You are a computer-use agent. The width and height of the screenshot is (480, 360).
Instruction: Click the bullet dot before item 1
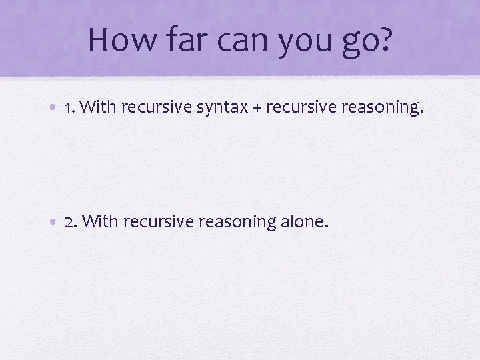pyautogui.click(x=55, y=107)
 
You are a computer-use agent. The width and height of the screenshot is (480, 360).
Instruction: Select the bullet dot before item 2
pyautogui.click(x=55, y=222)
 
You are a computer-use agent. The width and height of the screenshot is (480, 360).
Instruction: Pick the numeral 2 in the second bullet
pyautogui.click(x=70, y=221)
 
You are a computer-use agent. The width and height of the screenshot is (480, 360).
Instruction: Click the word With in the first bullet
pyautogui.click(x=101, y=107)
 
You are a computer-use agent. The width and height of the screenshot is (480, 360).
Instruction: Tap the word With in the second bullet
pyautogui.click(x=101, y=221)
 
